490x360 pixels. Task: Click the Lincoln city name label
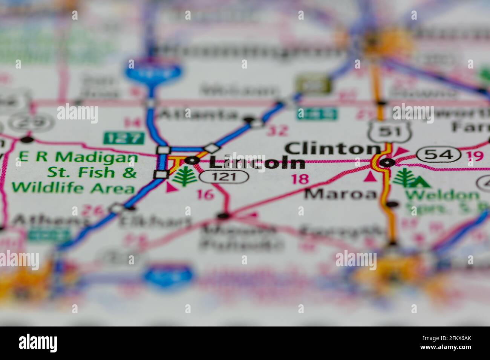pyautogui.click(x=257, y=163)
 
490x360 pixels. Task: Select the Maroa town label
pyautogui.click(x=340, y=194)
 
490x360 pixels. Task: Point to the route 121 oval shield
pyautogui.click(x=224, y=176)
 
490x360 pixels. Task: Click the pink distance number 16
pyautogui.click(x=205, y=194)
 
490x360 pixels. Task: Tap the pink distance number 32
pyautogui.click(x=277, y=131)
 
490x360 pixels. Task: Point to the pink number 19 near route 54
pyautogui.click(x=475, y=155)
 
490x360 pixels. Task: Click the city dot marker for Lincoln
pyautogui.click(x=193, y=160)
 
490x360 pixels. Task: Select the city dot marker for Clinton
pyautogui.click(x=387, y=163)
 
